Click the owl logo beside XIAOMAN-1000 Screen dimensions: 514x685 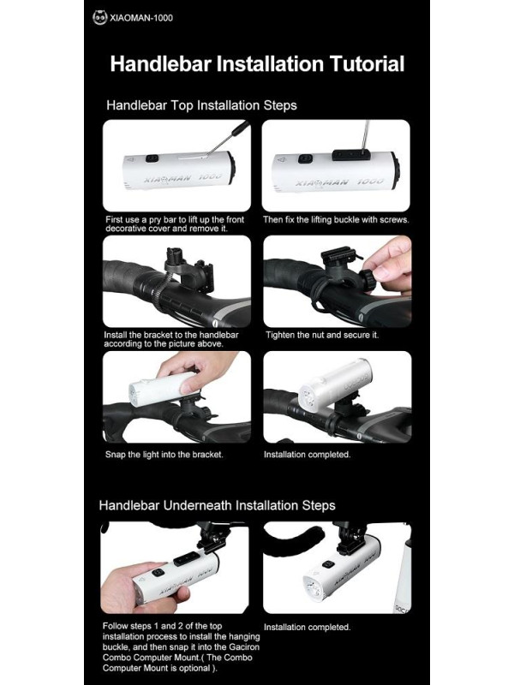[x=99, y=17]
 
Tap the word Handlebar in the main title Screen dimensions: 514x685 [x=161, y=63]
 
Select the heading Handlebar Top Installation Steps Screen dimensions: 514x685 [x=201, y=105]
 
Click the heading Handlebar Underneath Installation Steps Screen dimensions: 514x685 [x=218, y=505]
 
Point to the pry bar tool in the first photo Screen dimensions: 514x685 [x=228, y=137]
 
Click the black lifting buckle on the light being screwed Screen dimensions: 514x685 [x=351, y=154]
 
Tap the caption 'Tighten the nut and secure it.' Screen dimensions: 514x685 [x=322, y=335]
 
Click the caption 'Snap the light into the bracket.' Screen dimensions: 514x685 [x=164, y=455]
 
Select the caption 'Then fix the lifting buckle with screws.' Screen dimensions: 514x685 [x=336, y=220]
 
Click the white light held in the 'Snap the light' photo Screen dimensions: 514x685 [x=162, y=388]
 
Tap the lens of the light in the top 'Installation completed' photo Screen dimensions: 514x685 [x=309, y=396]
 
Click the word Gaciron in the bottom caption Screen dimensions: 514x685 [x=243, y=647]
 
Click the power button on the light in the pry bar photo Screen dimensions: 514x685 [x=152, y=158]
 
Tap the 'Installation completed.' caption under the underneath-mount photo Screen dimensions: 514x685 [x=308, y=628]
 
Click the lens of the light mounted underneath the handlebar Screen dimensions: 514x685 [x=312, y=587]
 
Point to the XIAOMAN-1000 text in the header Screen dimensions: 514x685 [x=141, y=18]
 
